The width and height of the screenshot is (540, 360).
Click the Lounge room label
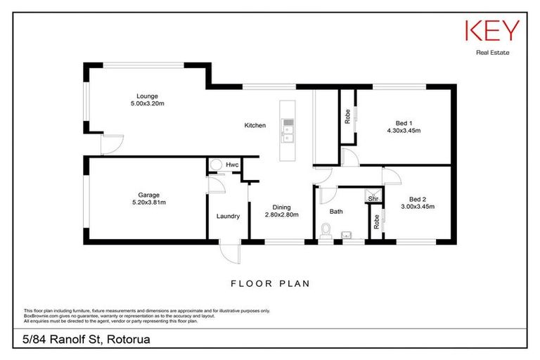point(147,96)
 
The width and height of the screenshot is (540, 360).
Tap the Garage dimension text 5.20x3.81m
point(148,202)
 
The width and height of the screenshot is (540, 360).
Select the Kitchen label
point(255,126)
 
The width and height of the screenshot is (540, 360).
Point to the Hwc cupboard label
point(231,165)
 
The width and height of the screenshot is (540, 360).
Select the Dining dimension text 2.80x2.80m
point(281,214)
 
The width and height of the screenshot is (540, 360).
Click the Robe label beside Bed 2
point(376,221)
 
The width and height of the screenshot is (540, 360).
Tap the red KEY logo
point(491,31)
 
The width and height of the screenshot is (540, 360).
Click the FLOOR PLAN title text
point(270,283)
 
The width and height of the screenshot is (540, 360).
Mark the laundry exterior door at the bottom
point(229,250)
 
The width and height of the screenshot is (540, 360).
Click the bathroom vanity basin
point(345,236)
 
